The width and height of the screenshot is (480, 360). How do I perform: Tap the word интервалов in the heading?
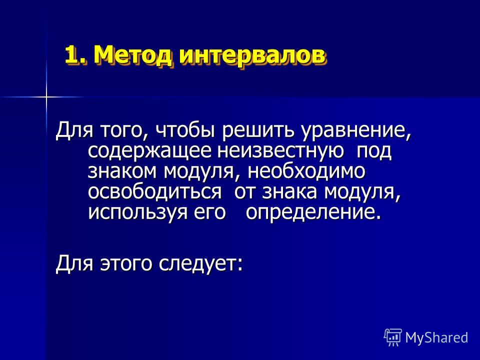click(x=251, y=55)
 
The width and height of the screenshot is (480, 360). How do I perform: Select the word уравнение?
click(x=355, y=130)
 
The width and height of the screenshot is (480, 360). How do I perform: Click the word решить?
click(x=258, y=130)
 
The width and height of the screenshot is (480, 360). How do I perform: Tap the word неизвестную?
click(x=280, y=151)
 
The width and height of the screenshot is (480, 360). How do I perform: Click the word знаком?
click(x=123, y=171)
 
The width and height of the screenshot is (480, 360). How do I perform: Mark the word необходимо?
click(x=306, y=171)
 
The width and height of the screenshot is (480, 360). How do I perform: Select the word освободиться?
click(x=154, y=192)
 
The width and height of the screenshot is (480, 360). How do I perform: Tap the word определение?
click(x=314, y=212)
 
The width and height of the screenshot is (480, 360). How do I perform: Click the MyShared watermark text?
click(x=436, y=337)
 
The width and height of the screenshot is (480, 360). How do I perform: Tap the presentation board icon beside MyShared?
click(x=393, y=337)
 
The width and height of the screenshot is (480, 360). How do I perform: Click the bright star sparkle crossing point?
click(x=46, y=97)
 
